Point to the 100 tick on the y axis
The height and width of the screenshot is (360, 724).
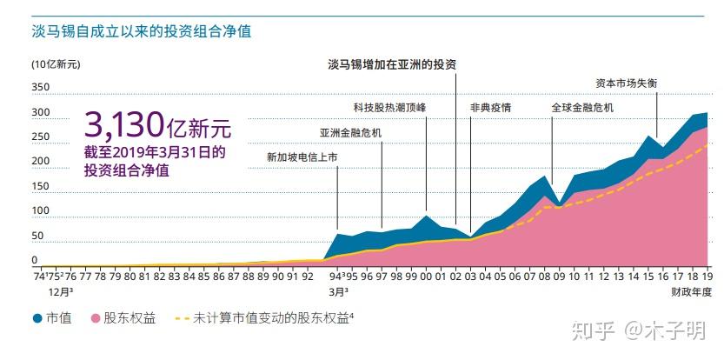pyautogui.click(x=41, y=212)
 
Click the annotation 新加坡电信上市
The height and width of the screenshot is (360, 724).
pyautogui.click(x=302, y=157)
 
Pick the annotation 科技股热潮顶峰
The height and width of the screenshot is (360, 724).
pyautogui.click(x=390, y=108)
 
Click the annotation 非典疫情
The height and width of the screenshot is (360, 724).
pyautogui.click(x=490, y=108)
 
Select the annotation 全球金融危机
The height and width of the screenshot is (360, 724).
pyautogui.click(x=582, y=108)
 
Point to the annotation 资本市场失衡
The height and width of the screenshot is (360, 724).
pyautogui.click(x=626, y=83)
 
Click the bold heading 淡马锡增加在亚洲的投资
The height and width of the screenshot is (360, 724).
pyautogui.click(x=392, y=64)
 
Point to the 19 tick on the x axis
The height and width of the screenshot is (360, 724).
pyautogui.click(x=707, y=276)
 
